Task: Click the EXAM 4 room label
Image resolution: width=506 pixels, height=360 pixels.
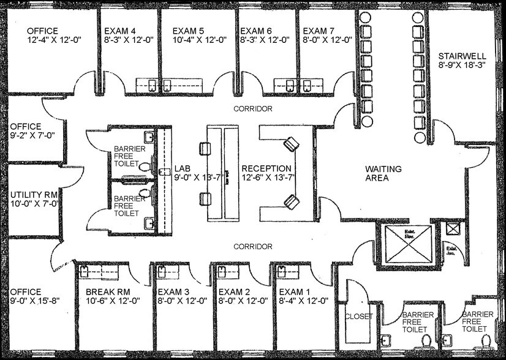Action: pos(121,31)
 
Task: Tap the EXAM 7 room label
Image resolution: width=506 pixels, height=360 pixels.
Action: pos(319,31)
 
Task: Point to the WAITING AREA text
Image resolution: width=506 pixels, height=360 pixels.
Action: pos(383,173)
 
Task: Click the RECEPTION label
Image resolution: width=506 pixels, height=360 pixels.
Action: pos(266,168)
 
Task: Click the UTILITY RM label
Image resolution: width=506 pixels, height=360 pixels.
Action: pos(33,196)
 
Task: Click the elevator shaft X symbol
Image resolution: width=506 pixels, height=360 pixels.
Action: pos(406,244)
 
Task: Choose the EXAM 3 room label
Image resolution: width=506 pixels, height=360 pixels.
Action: pos(173,291)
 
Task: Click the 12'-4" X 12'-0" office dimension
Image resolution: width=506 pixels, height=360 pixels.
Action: pos(54,40)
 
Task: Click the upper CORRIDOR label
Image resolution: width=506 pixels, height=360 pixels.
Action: pos(253,108)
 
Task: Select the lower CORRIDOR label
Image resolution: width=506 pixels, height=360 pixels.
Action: pos(253,246)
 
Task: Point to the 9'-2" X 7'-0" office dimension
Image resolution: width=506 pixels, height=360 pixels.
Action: pos(33,136)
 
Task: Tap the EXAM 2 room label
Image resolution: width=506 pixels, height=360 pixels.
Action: pos(235,291)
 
